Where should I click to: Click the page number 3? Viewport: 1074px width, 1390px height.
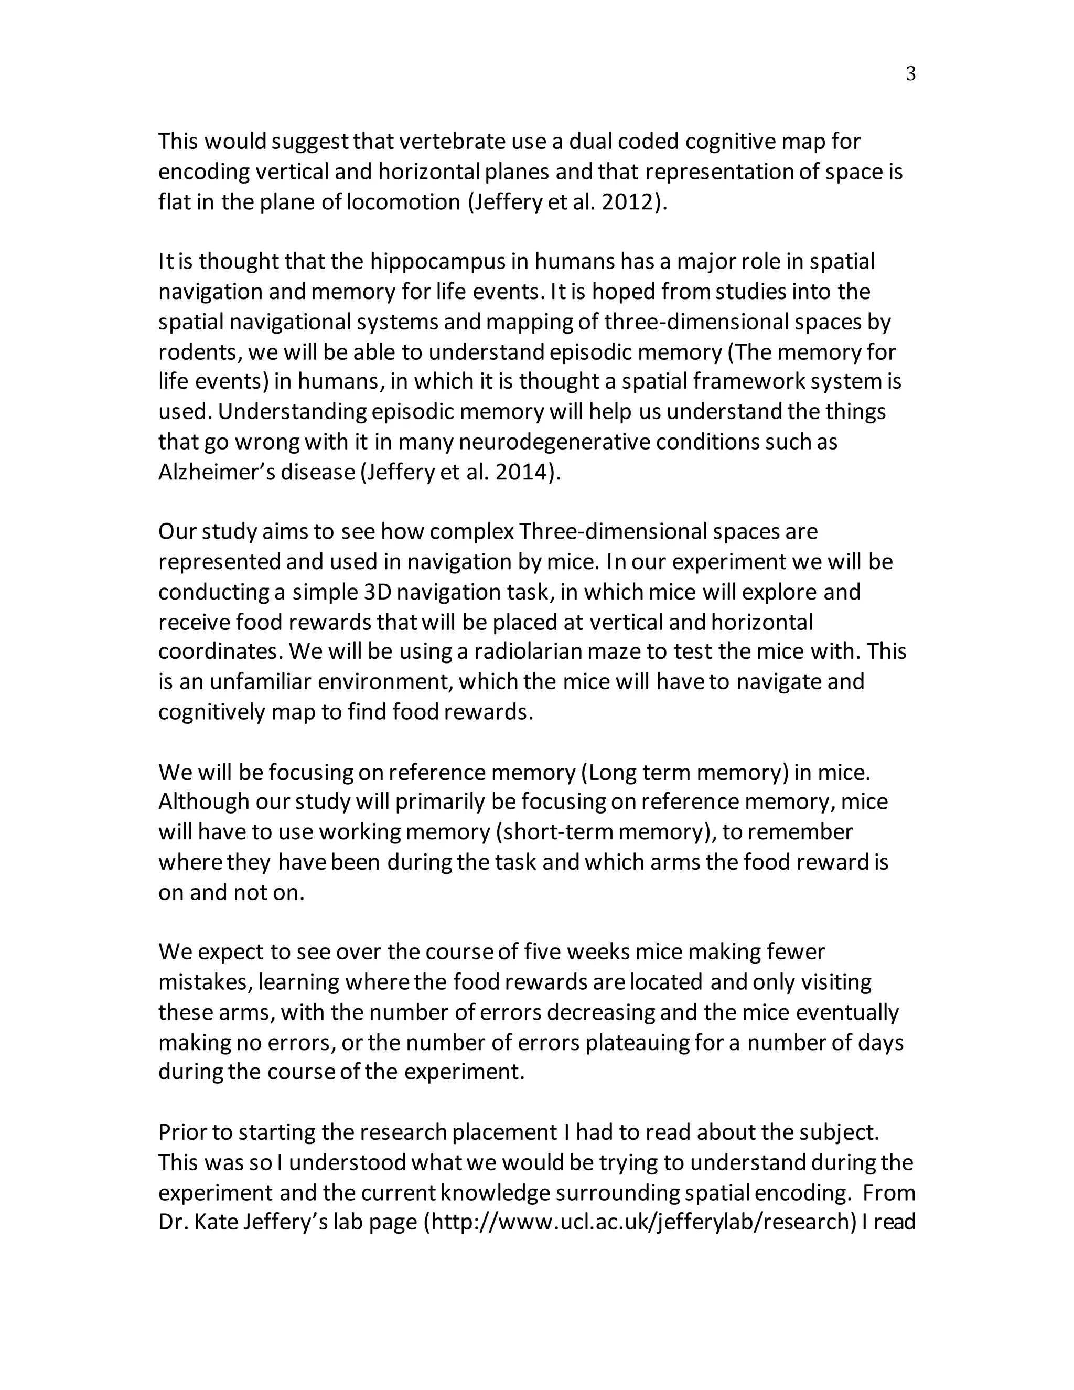(910, 74)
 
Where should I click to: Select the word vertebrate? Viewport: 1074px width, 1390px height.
(454, 141)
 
